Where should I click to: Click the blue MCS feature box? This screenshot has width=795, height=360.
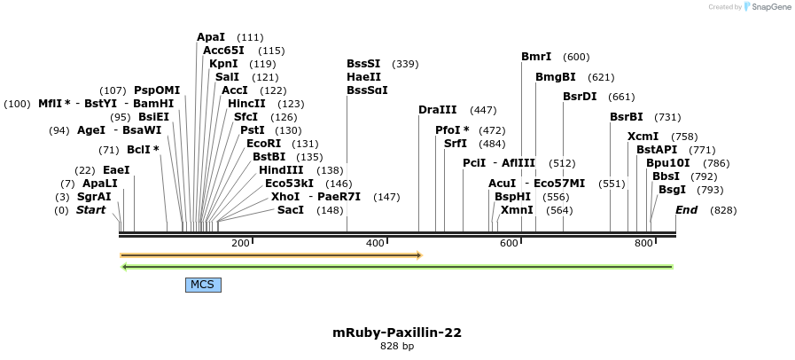point(203,285)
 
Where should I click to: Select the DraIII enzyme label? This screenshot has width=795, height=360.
point(438,110)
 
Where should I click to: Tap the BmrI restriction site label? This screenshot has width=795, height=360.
point(536,57)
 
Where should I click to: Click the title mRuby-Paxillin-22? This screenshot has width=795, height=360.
point(397,333)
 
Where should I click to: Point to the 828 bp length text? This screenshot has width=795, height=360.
point(397,347)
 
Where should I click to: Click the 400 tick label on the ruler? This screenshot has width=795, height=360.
point(375,243)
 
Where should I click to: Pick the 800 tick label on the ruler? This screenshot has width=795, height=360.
point(643,243)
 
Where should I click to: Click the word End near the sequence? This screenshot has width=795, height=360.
point(686,210)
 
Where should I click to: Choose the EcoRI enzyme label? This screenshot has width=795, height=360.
point(264,144)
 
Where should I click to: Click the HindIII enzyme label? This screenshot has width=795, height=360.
point(281,170)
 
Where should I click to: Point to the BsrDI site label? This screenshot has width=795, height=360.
point(580,97)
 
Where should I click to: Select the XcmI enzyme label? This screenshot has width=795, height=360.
point(643,137)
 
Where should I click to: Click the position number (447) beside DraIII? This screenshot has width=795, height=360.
point(483,110)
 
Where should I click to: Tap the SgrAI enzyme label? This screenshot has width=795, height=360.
point(94,197)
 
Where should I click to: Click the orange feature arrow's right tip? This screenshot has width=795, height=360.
point(420,255)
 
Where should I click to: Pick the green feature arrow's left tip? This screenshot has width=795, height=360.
point(123,266)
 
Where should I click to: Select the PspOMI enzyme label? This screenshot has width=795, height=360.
point(157,90)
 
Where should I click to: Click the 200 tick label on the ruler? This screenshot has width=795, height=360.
point(240,243)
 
